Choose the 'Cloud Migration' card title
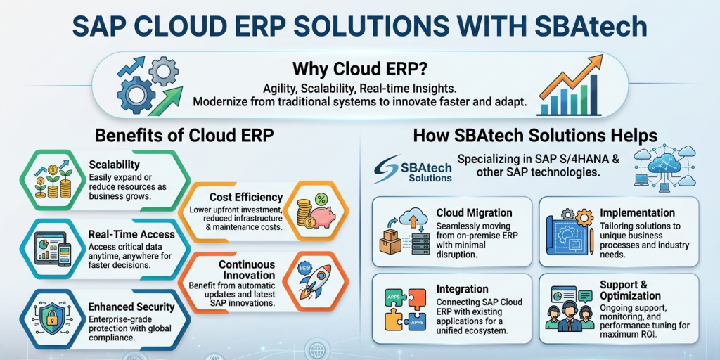[x=475, y=213]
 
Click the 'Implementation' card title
[x=637, y=213]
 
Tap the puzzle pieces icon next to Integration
[x=404, y=309]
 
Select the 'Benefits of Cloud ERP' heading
[x=184, y=136]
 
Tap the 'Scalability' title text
[x=115, y=164]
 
